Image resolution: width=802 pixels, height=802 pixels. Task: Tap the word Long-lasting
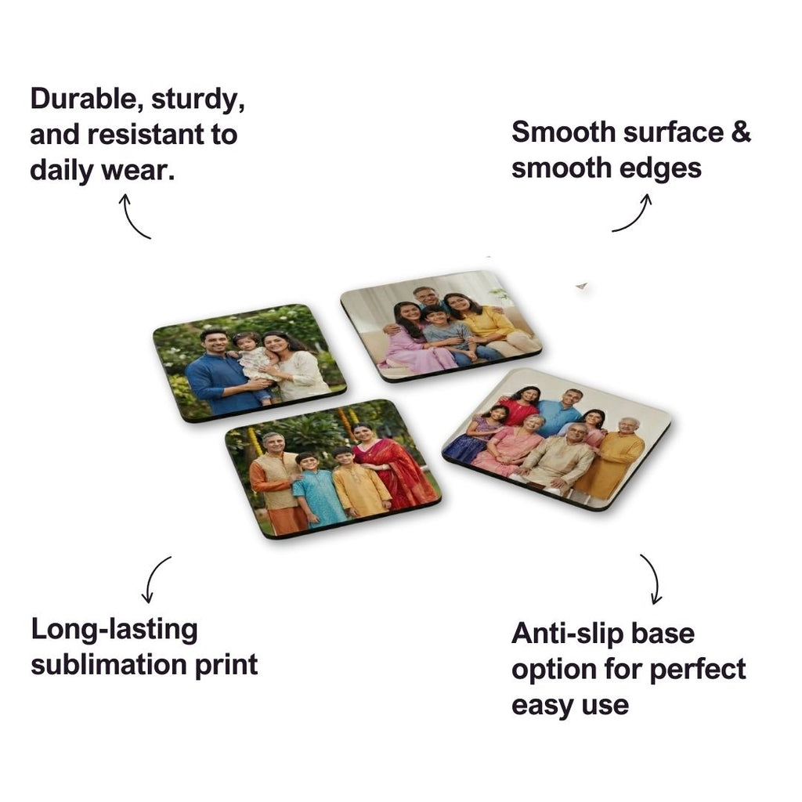pos(114,629)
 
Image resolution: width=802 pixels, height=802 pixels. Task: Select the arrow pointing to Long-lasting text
pos(157,580)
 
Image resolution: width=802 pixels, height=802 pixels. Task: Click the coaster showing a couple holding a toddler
pos(249,362)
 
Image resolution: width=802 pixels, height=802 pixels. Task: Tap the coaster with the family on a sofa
pos(440,325)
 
